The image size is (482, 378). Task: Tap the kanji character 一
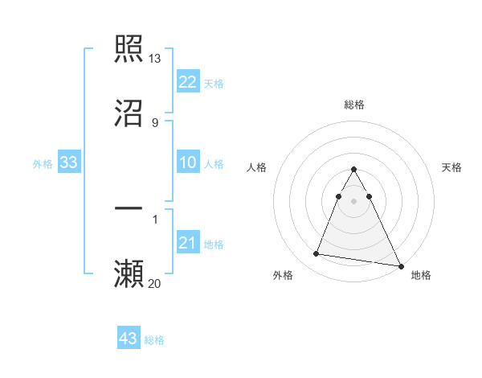(129, 208)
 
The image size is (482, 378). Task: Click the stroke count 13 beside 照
(155, 59)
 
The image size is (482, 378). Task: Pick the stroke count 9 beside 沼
(154, 123)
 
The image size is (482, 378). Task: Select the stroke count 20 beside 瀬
(155, 283)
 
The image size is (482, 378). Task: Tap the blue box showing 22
(187, 81)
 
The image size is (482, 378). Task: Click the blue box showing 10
(187, 162)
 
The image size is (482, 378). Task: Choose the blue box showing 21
(187, 243)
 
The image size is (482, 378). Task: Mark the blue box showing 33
(69, 162)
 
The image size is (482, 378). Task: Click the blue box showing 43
(129, 339)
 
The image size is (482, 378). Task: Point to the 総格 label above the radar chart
(354, 105)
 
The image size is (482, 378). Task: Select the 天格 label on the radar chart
(451, 167)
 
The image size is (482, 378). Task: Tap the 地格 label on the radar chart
(421, 275)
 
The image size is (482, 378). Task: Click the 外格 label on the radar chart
(283, 275)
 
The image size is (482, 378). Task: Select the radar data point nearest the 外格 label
(317, 254)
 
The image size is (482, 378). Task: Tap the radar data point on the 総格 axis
(354, 169)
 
